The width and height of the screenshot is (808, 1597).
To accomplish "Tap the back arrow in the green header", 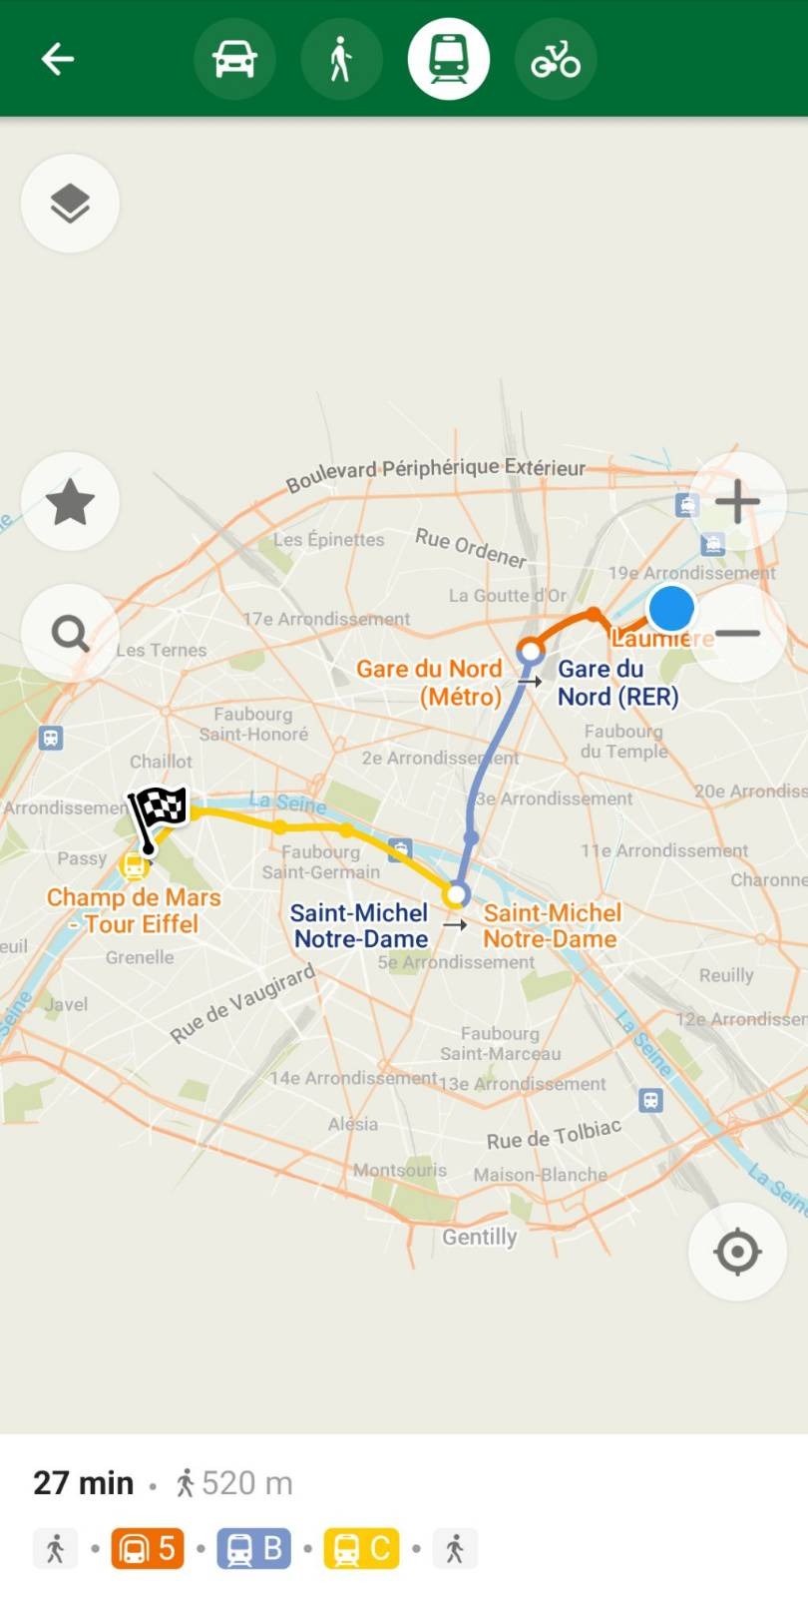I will (x=58, y=59).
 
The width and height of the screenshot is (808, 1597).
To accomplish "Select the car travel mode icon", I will (x=234, y=59).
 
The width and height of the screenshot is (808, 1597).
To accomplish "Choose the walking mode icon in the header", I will (x=341, y=59).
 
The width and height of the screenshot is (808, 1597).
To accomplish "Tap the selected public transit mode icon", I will (x=449, y=59).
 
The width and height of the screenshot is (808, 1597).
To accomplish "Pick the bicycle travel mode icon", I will (x=556, y=59).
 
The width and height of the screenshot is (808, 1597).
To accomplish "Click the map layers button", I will (x=70, y=204).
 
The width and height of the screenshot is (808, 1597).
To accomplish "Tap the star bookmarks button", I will (x=70, y=501).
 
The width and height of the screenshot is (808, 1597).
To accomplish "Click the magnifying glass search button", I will (x=70, y=633).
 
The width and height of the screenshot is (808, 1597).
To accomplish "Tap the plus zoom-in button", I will (x=737, y=501).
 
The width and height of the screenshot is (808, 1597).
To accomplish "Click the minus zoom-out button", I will (x=737, y=633).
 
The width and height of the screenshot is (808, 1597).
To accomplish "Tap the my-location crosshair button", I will (x=737, y=1251).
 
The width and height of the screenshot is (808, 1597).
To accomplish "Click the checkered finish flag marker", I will (x=158, y=813).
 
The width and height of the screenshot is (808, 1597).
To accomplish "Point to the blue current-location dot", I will (x=671, y=607).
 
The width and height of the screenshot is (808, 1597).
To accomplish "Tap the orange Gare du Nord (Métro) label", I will (x=429, y=683).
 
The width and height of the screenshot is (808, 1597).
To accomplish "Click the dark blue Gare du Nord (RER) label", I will (x=617, y=683).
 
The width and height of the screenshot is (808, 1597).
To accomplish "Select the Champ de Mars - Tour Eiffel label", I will (x=134, y=910).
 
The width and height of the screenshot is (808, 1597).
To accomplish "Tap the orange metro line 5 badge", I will (x=148, y=1548).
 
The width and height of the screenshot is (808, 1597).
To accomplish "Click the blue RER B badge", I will (x=254, y=1548).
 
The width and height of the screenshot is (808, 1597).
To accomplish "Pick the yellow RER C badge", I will (x=361, y=1548).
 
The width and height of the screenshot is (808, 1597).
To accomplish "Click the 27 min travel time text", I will (x=84, y=1483).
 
